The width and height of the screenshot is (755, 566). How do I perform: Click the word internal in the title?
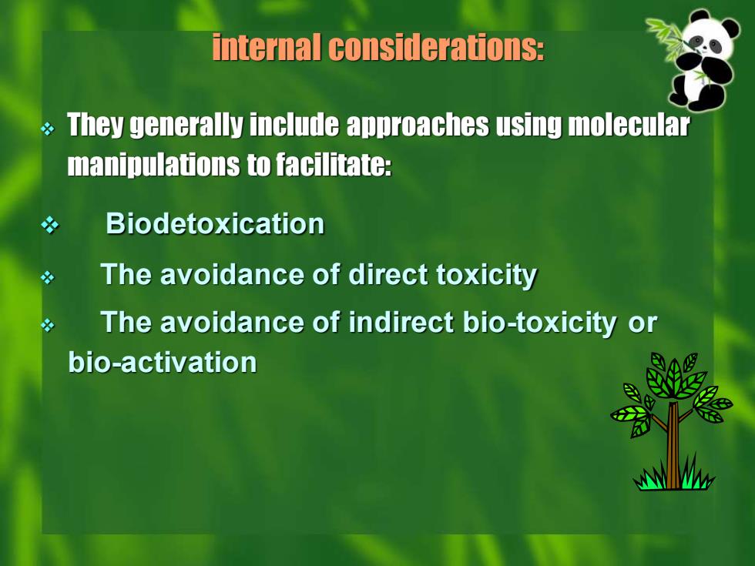click(267, 47)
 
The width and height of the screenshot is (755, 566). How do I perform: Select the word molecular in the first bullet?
click(629, 124)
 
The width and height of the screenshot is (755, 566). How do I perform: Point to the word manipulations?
click(153, 165)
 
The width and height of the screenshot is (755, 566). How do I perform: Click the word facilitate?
click(334, 165)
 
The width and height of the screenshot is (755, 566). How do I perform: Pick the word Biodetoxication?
click(215, 223)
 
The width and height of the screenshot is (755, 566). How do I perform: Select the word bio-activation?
click(163, 362)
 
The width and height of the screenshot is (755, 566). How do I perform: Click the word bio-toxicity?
click(540, 323)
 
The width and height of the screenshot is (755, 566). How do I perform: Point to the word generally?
click(186, 125)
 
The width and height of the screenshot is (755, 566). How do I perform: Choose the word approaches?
click(418, 125)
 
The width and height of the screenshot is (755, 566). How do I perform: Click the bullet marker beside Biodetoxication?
click(49, 225)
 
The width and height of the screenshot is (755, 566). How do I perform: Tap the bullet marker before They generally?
click(48, 129)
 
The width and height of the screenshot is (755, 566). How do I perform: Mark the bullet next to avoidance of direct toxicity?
click(48, 278)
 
